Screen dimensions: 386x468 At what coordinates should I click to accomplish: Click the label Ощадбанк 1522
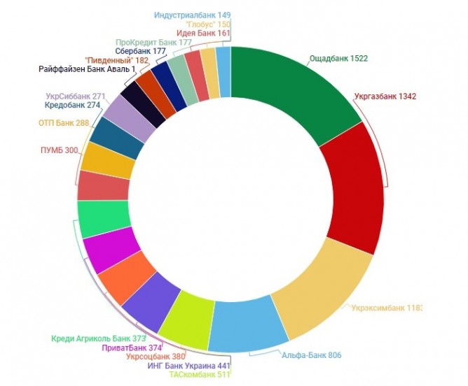(338, 59)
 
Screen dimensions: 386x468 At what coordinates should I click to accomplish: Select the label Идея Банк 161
(203, 33)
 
